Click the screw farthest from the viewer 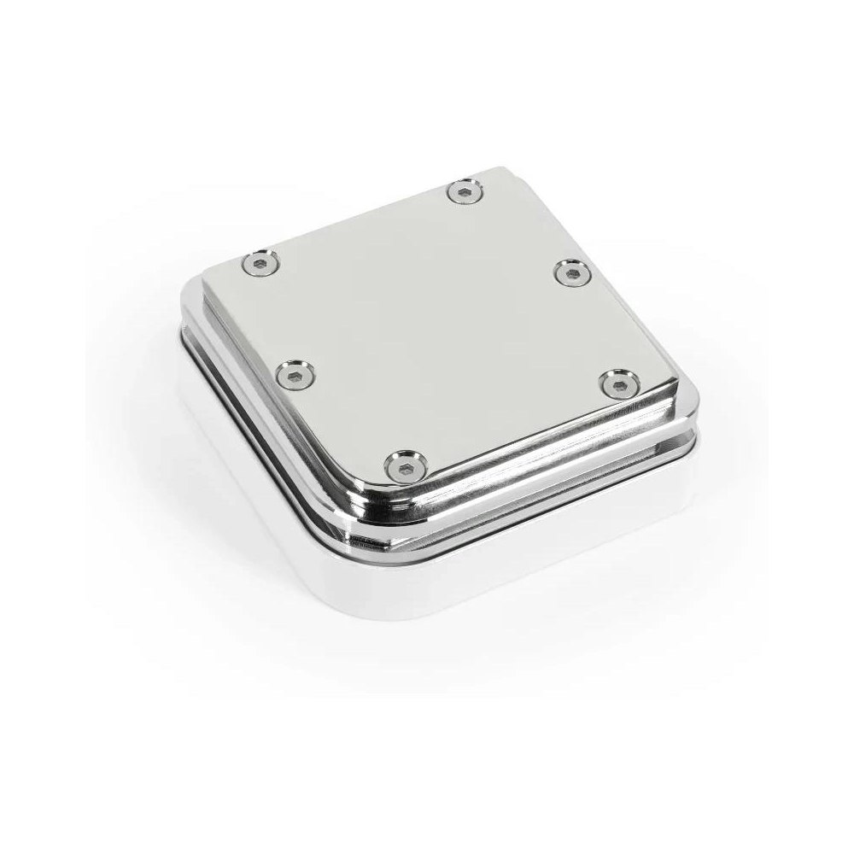[465, 192]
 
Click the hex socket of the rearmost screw [465, 192]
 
